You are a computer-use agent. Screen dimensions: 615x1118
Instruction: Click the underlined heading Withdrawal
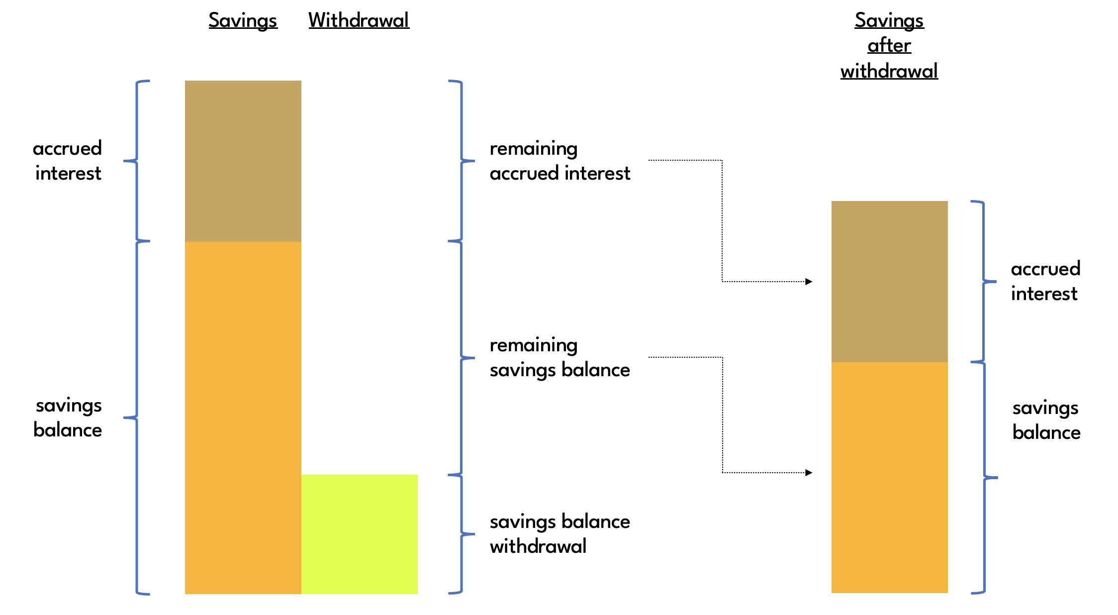click(359, 20)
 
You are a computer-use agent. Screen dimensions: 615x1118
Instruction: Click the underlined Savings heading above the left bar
click(243, 20)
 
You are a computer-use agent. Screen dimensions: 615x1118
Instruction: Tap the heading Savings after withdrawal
click(889, 46)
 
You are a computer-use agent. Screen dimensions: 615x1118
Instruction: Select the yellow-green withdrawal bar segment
click(359, 534)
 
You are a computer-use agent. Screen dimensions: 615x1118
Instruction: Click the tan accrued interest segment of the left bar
click(243, 161)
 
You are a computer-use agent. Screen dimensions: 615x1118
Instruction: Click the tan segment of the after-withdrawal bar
click(889, 281)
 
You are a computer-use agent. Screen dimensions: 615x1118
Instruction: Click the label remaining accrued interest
click(559, 161)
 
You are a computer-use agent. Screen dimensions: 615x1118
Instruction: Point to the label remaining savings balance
click(559, 357)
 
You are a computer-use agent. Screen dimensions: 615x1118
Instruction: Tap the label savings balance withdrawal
click(559, 534)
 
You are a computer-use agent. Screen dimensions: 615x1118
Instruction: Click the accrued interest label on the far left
click(68, 161)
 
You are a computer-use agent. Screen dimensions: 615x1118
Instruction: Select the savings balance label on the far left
click(68, 417)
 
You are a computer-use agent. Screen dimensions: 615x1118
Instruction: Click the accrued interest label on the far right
click(1045, 281)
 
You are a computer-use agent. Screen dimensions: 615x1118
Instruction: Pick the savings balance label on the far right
click(1046, 420)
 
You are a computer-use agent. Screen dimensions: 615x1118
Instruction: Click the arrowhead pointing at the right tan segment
click(809, 282)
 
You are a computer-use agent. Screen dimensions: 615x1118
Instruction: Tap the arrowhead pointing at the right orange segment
click(809, 473)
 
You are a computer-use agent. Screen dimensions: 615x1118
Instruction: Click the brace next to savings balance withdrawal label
click(462, 534)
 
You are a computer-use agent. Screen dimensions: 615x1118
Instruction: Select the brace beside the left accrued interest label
click(136, 161)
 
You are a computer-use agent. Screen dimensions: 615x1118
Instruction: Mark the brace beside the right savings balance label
click(984, 477)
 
